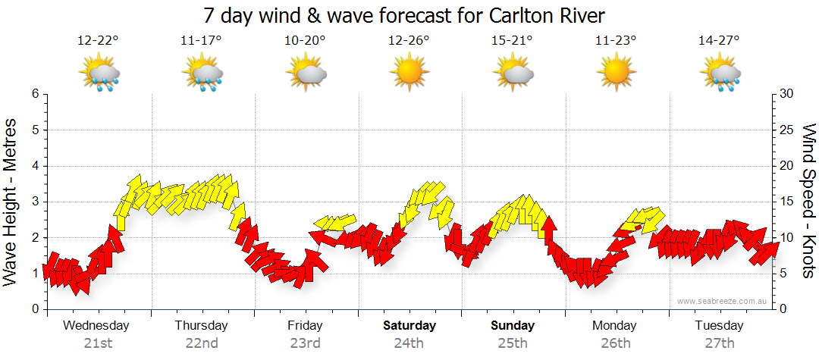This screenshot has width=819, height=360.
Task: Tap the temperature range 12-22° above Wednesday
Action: coord(98,41)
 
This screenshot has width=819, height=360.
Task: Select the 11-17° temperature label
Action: coord(202,41)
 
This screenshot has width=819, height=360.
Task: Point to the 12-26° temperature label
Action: coord(409,41)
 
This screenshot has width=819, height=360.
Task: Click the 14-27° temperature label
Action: coord(719,41)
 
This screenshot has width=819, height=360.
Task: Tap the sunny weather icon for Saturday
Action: coord(409,74)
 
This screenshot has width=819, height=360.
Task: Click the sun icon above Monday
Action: coord(616,74)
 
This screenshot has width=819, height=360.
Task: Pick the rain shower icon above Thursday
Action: coord(202,74)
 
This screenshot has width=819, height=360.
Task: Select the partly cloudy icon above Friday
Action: coord(306,74)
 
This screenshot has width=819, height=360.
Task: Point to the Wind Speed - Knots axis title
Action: coord(808,201)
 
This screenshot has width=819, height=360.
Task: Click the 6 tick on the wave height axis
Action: coord(34,94)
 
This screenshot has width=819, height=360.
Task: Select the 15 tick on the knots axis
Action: coord(785,202)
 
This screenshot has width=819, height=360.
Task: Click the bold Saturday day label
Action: coord(409,326)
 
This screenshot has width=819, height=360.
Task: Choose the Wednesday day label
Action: coord(96,326)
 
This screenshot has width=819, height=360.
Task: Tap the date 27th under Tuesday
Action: coord(719,343)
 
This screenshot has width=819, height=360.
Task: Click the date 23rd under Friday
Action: coord(305,343)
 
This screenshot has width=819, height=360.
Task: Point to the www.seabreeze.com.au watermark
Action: coord(723,302)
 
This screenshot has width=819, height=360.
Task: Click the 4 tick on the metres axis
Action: coord(34,166)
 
